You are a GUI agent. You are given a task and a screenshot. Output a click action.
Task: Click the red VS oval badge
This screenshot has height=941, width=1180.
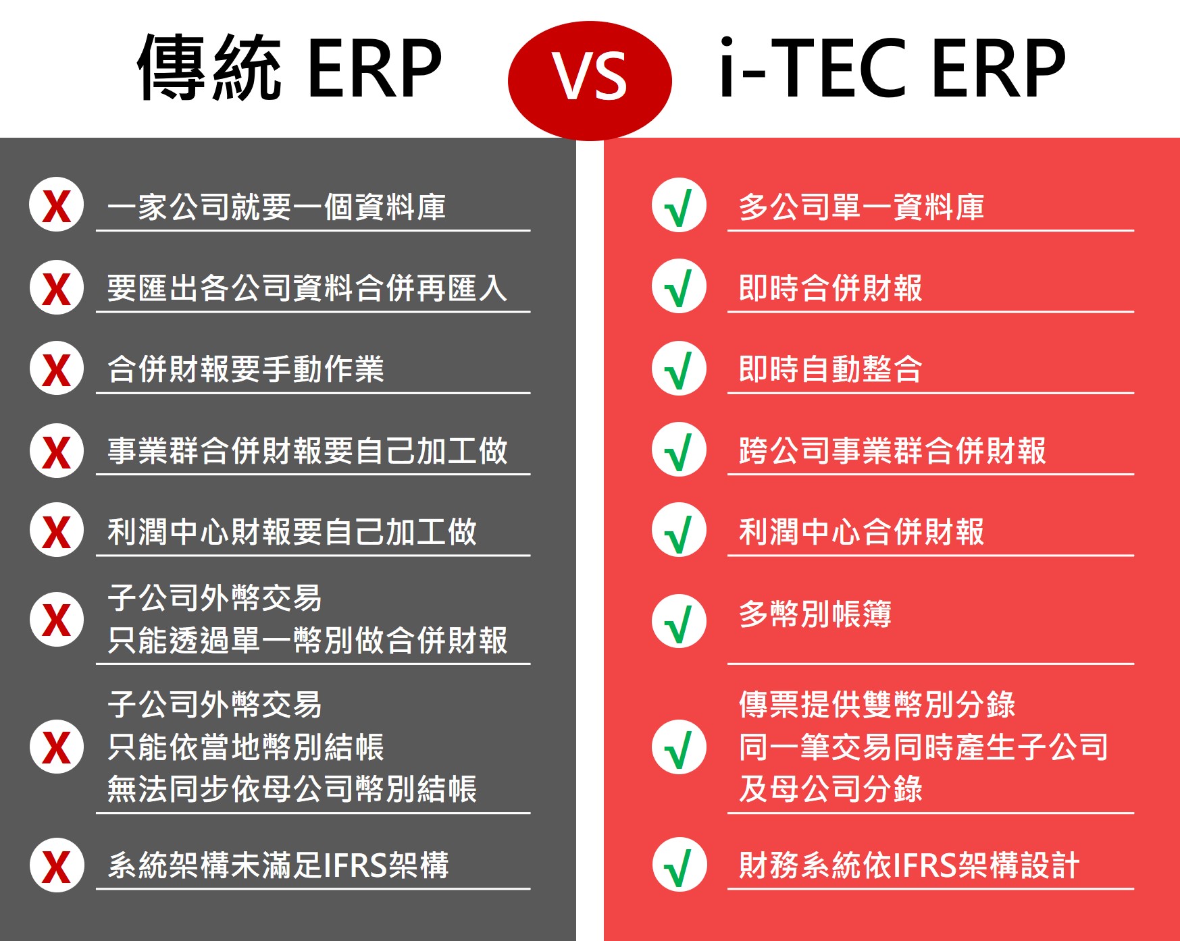(590, 80)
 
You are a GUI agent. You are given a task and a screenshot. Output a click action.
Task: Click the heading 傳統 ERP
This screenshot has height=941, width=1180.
(290, 68)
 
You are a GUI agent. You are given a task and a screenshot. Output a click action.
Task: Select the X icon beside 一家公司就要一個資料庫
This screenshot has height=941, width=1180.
(57, 205)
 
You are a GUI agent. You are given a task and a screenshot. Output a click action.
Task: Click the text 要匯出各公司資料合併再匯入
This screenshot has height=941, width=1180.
(307, 288)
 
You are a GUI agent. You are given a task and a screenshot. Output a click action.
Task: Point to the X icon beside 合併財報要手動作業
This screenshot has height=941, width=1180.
(57, 368)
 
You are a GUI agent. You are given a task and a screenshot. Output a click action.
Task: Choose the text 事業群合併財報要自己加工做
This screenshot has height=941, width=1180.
(307, 451)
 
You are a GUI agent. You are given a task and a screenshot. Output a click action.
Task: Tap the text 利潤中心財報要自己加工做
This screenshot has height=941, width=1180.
(292, 532)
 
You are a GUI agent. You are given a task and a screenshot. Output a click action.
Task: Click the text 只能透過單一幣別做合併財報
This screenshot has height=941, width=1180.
(307, 641)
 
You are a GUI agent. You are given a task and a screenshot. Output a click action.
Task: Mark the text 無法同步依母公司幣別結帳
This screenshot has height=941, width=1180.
(292, 789)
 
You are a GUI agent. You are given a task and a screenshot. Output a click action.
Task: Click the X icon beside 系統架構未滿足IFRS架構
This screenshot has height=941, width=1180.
(57, 865)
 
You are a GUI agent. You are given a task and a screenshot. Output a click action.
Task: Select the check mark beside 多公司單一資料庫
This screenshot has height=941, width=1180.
(679, 205)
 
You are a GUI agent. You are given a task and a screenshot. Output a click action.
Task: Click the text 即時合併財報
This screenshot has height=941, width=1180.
(830, 288)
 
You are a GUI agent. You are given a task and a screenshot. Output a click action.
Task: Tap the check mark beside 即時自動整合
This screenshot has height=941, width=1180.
(679, 369)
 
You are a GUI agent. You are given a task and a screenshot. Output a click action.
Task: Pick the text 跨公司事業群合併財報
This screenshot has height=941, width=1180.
(892, 451)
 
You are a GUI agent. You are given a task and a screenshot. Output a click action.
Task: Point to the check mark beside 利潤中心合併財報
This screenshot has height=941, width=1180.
(679, 530)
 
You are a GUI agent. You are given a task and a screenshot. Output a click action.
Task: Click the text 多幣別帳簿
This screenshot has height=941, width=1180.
(815, 614)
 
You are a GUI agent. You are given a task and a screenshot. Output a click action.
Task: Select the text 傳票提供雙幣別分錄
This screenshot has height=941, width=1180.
(877, 705)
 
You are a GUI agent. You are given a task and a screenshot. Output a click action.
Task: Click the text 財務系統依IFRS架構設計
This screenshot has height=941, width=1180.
(909, 865)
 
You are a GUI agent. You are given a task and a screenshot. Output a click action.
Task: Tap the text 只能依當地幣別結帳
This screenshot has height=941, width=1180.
(246, 747)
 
